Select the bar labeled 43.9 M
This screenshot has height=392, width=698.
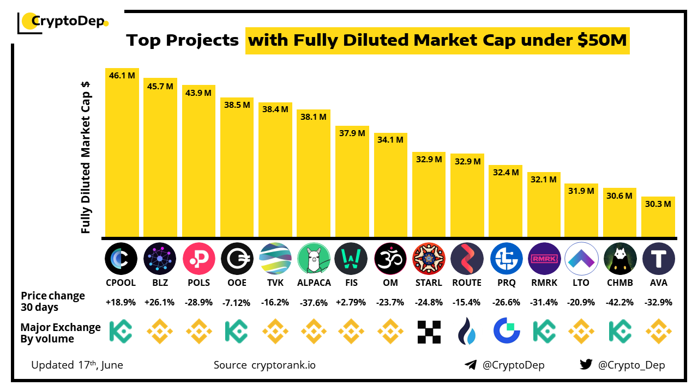click(x=198, y=163)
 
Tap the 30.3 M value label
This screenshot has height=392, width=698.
click(x=658, y=204)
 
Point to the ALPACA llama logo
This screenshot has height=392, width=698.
click(x=314, y=259)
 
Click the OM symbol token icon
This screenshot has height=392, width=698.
click(x=390, y=259)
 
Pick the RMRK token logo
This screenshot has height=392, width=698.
click(x=544, y=259)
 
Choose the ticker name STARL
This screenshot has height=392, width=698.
click(x=429, y=283)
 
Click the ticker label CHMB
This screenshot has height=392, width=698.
click(x=620, y=283)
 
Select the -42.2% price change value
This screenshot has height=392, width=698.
click(x=620, y=303)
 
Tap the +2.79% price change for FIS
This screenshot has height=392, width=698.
click(x=352, y=303)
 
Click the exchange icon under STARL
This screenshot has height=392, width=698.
click(x=429, y=332)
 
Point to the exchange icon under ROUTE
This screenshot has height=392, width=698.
click(x=467, y=332)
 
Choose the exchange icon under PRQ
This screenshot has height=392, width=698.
click(x=506, y=332)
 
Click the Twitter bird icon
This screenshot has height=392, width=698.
click(x=586, y=365)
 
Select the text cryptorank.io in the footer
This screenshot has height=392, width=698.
click(x=284, y=365)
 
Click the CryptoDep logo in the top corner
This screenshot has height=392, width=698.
click(x=63, y=22)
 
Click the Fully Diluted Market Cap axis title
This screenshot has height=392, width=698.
click(x=86, y=158)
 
